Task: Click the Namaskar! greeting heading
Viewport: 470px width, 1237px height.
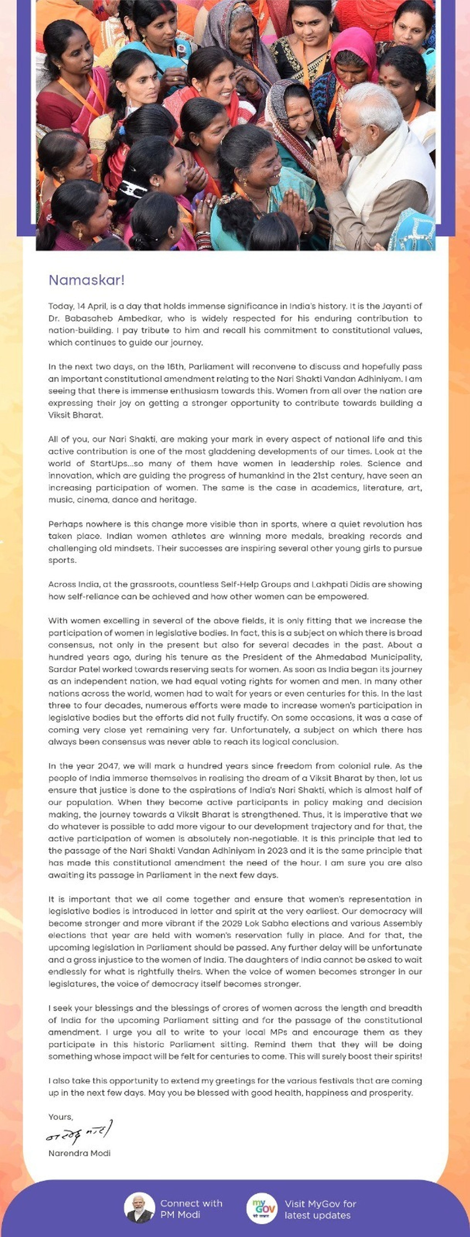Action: (x=86, y=280)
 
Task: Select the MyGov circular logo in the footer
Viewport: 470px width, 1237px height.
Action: (x=262, y=1208)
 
